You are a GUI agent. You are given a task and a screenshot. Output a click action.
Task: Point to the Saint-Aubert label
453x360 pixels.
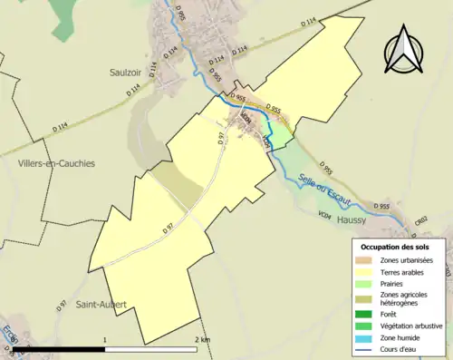[101, 305]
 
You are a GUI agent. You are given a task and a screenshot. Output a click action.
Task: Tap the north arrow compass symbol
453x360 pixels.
[404, 52]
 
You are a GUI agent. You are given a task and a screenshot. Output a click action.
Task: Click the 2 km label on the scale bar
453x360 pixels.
[201, 340]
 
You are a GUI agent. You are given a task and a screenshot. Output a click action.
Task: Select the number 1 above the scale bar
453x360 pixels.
[106, 340]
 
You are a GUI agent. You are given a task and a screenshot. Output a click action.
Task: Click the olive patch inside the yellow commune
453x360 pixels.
[178, 185]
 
